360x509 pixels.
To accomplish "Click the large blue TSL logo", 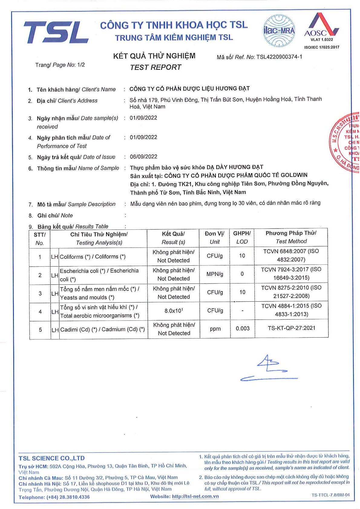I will (56, 32).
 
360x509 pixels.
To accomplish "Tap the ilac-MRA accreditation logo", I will (279, 31).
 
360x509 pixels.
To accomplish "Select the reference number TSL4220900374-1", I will (279, 57).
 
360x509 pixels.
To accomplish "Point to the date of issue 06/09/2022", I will (143, 157).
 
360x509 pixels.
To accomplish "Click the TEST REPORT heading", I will (155, 67).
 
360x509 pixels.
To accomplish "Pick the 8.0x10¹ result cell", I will (174, 311).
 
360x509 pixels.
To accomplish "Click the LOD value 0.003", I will (243, 329).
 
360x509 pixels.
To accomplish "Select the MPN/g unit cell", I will (215, 274).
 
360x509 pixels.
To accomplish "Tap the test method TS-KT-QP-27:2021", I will (291, 328).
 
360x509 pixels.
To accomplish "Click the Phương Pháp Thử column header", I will (291, 237).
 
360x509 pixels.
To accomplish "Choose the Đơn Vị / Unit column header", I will (214, 238).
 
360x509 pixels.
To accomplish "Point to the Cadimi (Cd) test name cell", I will (102, 329).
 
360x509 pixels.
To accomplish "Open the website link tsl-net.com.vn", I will (195, 496).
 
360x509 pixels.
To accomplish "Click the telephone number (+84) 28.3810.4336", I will (68, 497).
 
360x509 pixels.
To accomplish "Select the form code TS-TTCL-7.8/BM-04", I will (330, 495).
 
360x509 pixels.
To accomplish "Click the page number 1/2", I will (81, 65).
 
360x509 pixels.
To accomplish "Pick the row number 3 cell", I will (40, 293).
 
